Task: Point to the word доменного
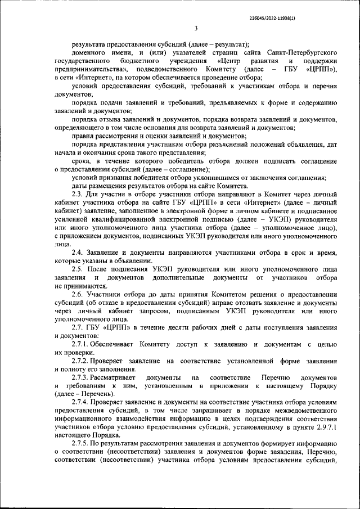tap(89, 52)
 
